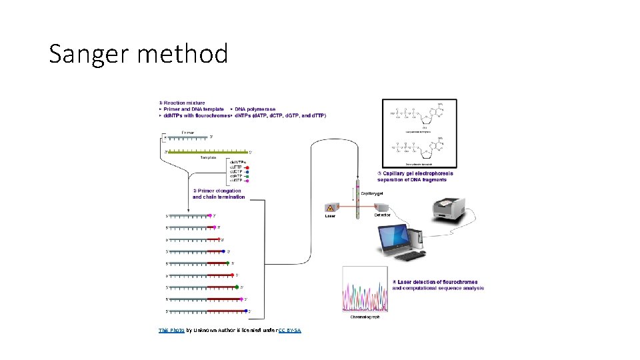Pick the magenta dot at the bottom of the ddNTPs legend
pyautogui.click(x=247, y=181)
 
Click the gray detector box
pyautogui.click(x=381, y=207)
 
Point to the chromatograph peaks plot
pyautogui.click(x=365, y=289)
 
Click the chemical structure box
pyautogui.click(x=419, y=133)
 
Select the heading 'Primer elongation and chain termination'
pyautogui.click(x=219, y=193)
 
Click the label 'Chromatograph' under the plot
pyautogui.click(x=365, y=317)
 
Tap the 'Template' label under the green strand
pyautogui.click(x=209, y=158)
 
